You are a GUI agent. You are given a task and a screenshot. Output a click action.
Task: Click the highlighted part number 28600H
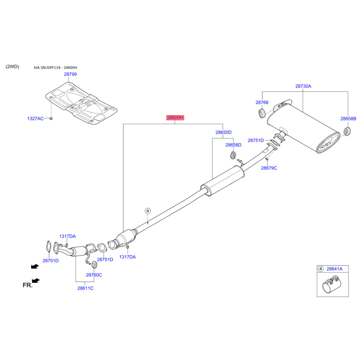point(175,118)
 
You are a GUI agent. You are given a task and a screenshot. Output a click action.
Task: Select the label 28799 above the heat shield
point(71,74)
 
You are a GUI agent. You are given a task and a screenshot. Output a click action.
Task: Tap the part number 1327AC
point(35,119)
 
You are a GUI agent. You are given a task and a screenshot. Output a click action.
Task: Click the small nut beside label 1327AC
point(51,119)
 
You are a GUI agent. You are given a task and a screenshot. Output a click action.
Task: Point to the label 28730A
point(303,86)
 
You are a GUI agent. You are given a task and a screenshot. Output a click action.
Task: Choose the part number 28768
point(262,102)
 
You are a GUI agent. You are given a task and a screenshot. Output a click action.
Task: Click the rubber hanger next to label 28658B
point(347,131)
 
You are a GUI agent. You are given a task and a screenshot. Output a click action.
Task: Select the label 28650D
point(223,132)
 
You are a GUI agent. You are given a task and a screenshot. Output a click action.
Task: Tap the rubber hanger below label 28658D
point(233,155)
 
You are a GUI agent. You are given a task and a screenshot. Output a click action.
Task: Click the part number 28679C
point(269,168)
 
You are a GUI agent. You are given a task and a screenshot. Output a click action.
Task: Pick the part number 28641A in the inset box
point(334,269)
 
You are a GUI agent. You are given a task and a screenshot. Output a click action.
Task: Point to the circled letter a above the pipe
point(148,210)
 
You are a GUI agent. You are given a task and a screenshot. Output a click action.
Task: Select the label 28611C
point(85,288)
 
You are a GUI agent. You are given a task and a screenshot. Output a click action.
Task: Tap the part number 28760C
point(94,275)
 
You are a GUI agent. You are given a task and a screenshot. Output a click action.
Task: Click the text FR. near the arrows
point(28,285)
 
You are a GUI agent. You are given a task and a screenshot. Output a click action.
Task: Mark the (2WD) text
point(12,67)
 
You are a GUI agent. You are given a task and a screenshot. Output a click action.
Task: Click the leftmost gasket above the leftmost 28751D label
point(48,247)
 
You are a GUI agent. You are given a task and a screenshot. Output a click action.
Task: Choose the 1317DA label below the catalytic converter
point(128,257)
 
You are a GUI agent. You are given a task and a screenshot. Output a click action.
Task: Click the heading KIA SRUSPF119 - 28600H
point(55,67)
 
